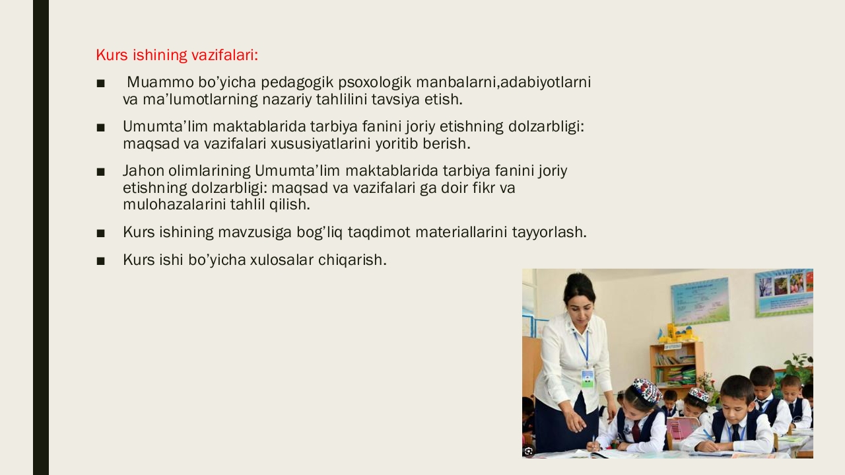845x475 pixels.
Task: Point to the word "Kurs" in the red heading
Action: point(112,55)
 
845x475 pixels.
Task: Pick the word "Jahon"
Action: point(143,170)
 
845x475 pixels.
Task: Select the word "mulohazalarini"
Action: point(174,205)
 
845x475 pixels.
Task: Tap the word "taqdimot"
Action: point(379,232)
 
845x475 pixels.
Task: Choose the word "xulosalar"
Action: point(282,260)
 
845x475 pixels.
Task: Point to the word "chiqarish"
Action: point(351,260)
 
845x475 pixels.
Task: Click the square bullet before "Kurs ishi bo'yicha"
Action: point(101,261)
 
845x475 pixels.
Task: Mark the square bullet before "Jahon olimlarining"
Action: point(101,172)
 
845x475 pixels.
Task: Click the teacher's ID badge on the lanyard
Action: point(588,378)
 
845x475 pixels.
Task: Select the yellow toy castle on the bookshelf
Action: point(677,333)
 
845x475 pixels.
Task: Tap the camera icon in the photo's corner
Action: point(529,451)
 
